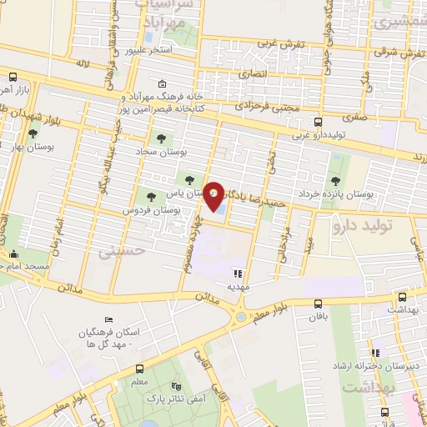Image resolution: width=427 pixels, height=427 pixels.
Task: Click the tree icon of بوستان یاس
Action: tap(189, 178)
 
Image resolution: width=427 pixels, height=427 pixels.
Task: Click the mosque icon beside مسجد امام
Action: tap(12, 255)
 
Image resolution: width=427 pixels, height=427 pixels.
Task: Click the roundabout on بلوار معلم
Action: tap(242, 315)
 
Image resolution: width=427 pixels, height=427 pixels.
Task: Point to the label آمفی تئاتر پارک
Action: tap(178, 402)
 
